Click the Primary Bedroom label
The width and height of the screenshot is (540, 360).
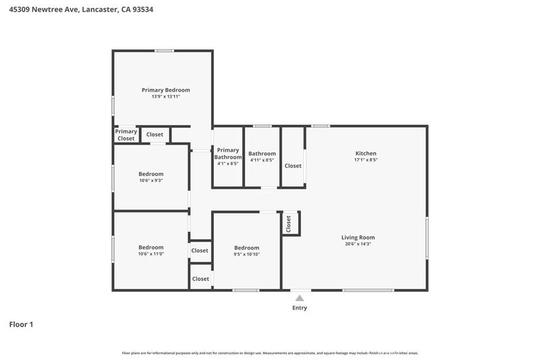point(166,90)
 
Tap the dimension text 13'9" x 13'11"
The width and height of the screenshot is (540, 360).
point(166,96)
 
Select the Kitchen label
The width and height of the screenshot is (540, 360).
point(366,153)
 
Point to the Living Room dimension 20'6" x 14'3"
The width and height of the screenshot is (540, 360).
point(358,244)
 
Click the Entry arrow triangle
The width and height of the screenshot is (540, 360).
point(300,298)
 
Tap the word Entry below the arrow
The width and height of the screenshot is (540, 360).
point(300,308)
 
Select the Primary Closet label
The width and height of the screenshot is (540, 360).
point(126,135)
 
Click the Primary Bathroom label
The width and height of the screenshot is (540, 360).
point(228,153)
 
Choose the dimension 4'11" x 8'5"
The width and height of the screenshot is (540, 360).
point(262,160)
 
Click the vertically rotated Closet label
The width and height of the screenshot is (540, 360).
point(288,223)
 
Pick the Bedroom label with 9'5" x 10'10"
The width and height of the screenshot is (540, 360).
point(247,248)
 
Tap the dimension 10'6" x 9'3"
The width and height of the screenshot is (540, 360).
point(151,180)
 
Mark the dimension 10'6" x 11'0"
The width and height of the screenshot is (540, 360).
point(151,254)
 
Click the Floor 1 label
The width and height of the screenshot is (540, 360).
point(21,324)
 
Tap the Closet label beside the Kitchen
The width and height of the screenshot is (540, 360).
point(293,166)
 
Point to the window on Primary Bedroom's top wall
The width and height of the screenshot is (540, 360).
point(165,51)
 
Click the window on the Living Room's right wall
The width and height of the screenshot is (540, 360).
point(427,238)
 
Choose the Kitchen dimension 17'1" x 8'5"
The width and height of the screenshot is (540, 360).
point(366,160)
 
